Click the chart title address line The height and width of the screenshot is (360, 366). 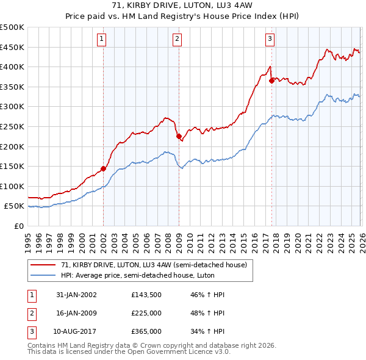(x=183, y=5)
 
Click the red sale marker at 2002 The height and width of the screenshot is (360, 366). (x=103, y=168)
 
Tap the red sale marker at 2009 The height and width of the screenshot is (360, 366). (x=179, y=137)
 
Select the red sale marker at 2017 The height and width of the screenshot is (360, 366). (x=271, y=80)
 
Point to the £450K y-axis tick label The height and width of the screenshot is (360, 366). (x=12, y=47)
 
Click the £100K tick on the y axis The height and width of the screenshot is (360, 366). (x=12, y=186)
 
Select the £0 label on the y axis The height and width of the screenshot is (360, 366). (x=18, y=226)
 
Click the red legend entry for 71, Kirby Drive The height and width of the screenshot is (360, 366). (x=153, y=265)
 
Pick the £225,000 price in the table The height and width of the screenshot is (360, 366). (x=146, y=313)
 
